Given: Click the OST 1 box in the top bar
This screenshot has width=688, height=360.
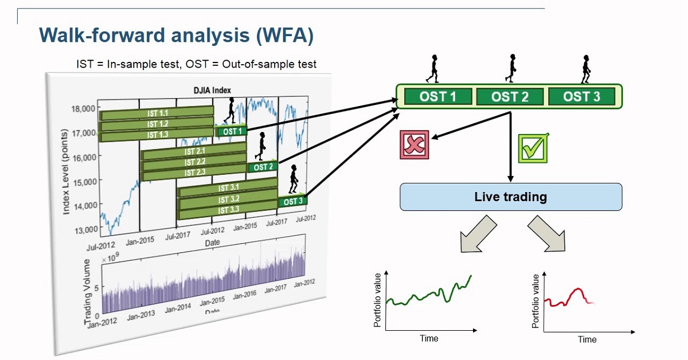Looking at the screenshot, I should coord(438,96).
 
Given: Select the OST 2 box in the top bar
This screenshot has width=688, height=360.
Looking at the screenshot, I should coord(510,96).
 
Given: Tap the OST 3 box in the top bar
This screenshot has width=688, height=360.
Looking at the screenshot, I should coord(581,96).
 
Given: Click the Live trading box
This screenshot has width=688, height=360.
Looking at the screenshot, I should coord(510,197).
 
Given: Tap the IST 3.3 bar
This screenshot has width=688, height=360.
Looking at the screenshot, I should coord(228,210).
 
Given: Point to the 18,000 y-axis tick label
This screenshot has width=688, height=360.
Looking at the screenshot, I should coord(80,109).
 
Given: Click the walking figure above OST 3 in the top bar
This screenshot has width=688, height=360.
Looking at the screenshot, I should coord(585,69).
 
